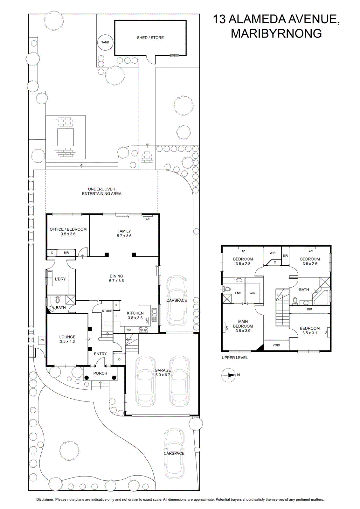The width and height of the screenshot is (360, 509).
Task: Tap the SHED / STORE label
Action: [x=150, y=38]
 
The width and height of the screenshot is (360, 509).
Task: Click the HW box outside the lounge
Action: [x=42, y=340]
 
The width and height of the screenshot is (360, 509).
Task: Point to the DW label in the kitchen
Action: [x=147, y=320]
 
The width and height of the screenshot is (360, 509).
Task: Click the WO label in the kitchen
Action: [x=128, y=330]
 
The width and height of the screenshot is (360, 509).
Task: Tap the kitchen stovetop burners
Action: [x=143, y=330]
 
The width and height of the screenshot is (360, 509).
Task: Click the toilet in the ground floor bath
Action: [x=58, y=300]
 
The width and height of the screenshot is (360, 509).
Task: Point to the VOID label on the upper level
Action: [x=276, y=345]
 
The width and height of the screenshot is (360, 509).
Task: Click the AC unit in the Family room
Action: [x=148, y=215]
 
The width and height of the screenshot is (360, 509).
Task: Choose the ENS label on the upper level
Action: [x=238, y=293]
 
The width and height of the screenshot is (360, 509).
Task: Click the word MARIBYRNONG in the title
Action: [x=276, y=33]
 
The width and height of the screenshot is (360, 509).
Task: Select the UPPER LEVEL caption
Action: [x=235, y=358]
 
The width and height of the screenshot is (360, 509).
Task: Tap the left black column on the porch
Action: [x=86, y=378]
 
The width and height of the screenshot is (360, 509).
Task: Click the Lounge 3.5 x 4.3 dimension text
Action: [x=67, y=341]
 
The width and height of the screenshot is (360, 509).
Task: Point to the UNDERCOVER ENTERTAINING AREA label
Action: [x=101, y=191]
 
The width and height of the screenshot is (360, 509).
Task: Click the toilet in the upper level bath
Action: [x=295, y=301]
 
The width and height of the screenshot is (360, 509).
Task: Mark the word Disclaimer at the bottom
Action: [x=45, y=499]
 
